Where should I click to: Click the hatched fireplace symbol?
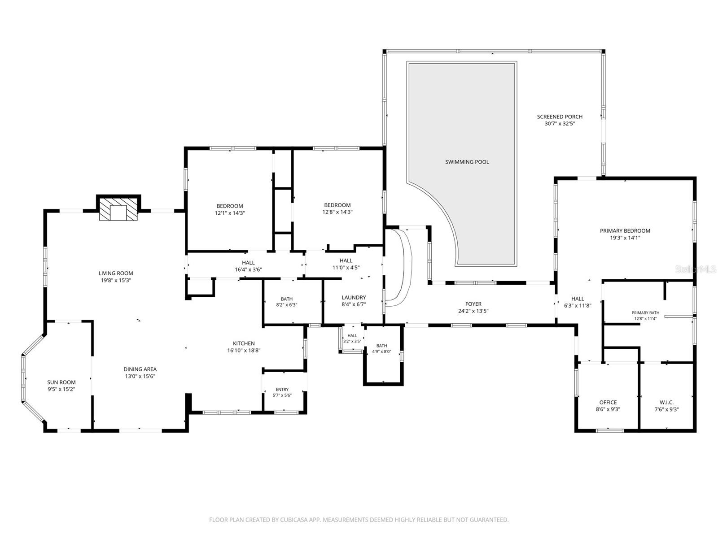click(x=118, y=209)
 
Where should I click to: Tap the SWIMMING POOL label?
click(x=467, y=162)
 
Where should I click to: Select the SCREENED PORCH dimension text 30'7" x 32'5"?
click(x=560, y=123)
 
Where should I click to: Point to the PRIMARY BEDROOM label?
click(x=625, y=230)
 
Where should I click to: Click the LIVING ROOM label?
click(x=116, y=273)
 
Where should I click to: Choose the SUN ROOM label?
click(x=61, y=382)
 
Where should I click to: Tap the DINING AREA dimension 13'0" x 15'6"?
click(x=140, y=376)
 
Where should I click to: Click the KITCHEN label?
click(x=244, y=343)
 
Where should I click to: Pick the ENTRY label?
click(x=282, y=389)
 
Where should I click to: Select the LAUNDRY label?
click(x=354, y=297)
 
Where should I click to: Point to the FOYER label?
click(x=473, y=304)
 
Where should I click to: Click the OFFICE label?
click(x=608, y=402)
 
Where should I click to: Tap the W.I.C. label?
click(x=667, y=402)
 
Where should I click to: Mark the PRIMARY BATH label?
click(x=645, y=312)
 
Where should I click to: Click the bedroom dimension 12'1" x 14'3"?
click(x=230, y=213)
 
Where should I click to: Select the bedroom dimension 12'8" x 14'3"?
click(x=337, y=212)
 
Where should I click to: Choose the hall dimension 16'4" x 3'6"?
click(x=248, y=269)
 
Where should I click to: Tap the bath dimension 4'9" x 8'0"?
click(x=381, y=351)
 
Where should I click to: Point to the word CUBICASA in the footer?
click(x=293, y=520)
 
